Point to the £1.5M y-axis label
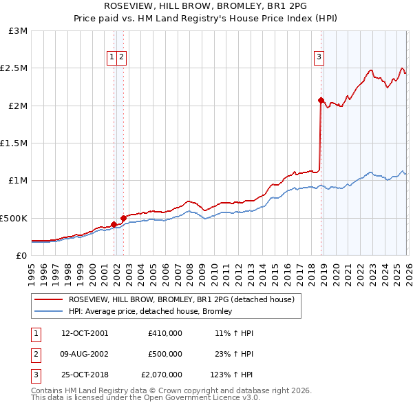coord(14,143)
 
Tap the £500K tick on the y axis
coord(14,218)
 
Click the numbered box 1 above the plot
coord(111,58)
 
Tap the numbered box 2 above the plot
coord(121,58)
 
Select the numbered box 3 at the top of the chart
coord(319,58)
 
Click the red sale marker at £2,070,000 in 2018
coord(321,100)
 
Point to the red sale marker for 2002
coord(124,218)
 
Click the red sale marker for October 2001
coord(114,224)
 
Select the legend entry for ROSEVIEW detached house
coord(181,299)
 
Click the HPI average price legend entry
coord(149,311)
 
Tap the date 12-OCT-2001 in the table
coord(85,332)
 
